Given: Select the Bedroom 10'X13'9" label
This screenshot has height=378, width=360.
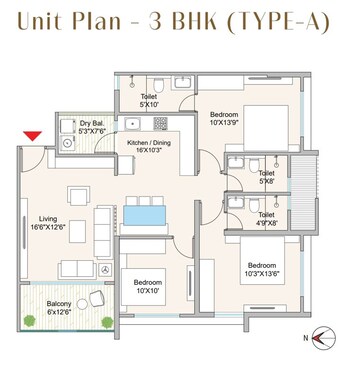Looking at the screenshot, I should (225, 118).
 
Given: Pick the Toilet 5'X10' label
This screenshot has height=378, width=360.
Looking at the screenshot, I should (150, 97).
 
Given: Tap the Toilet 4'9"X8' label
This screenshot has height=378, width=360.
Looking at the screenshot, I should (267, 219).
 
